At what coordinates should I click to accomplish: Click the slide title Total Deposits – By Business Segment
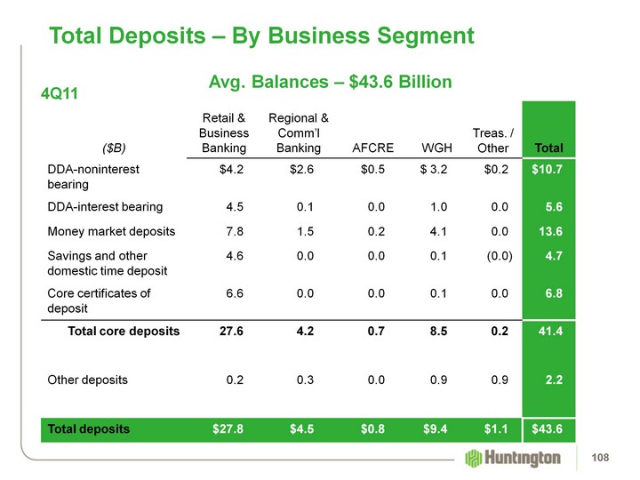(x=262, y=36)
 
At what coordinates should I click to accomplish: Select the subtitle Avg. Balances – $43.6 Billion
(x=330, y=82)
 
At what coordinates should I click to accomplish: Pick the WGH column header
(x=435, y=148)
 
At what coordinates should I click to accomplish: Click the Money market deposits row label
(x=111, y=231)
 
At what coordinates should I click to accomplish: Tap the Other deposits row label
(x=87, y=380)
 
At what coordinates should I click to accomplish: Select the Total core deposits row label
(x=124, y=331)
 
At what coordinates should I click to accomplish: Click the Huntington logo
(x=514, y=458)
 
